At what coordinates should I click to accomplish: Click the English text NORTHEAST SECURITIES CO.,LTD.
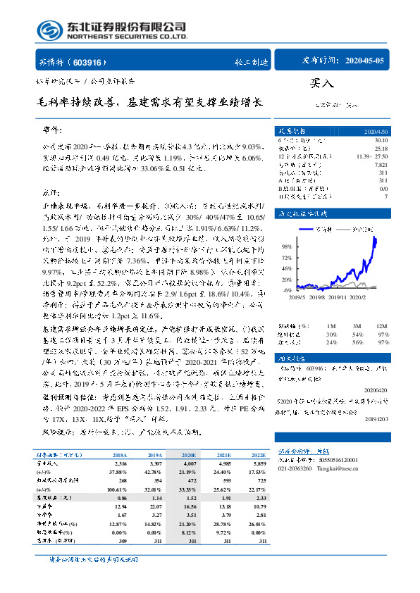(127, 37)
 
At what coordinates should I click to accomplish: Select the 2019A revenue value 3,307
(153, 463)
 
